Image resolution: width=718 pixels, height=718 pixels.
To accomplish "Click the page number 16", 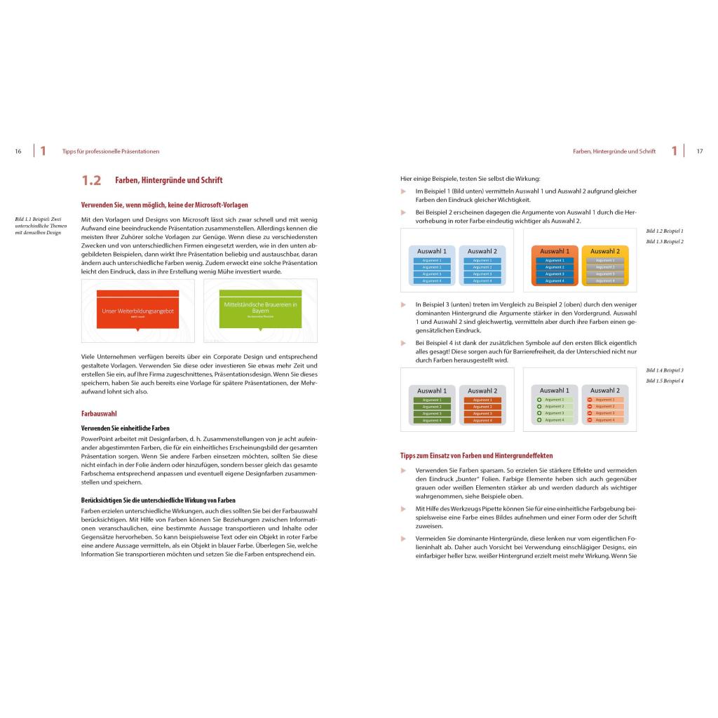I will pos(18,151).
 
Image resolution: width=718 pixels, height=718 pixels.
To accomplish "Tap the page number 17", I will pos(699,151).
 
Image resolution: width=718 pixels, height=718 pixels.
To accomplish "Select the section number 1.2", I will pos(91,181).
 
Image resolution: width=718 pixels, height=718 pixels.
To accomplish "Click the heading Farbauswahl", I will pos(99,414).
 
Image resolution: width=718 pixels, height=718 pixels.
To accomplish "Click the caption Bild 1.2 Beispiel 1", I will pos(664,231).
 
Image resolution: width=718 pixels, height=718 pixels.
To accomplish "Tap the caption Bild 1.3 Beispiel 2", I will pos(664,242).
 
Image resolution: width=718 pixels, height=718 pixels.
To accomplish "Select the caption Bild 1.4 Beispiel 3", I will pos(664,370).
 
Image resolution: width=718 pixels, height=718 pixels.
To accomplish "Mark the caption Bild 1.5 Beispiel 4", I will pos(664,381).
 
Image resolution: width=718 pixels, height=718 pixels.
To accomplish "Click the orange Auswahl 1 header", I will pos(555,251).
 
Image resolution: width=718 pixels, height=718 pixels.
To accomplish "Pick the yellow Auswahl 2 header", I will pos(604,251).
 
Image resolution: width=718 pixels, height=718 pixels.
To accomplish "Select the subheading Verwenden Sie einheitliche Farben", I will pos(126,428).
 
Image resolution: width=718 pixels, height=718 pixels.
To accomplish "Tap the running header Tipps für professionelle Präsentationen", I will pos(111,151).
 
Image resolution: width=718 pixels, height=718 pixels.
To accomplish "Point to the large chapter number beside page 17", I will pos(674,151).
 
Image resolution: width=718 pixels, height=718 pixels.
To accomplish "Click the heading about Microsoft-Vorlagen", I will pos(164,205).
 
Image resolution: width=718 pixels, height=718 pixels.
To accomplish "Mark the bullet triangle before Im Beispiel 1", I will pos(403,191).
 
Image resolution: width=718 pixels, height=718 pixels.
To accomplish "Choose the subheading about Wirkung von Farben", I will pos(158,500).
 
